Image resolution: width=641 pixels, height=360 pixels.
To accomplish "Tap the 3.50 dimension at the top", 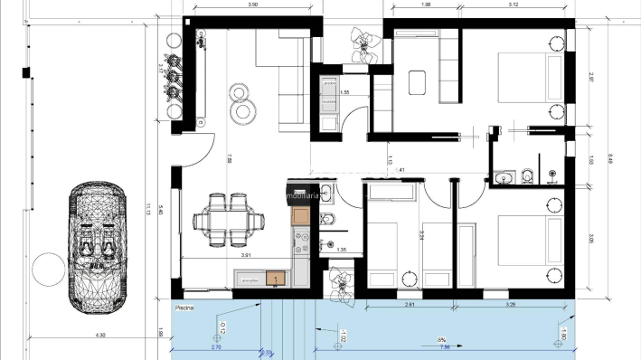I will tap(253, 5).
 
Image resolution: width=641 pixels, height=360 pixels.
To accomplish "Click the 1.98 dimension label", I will tap(426, 5).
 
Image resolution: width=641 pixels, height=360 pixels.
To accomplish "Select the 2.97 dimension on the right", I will tap(589, 81).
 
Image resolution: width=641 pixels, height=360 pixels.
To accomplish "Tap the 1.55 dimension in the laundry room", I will tap(344, 92).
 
